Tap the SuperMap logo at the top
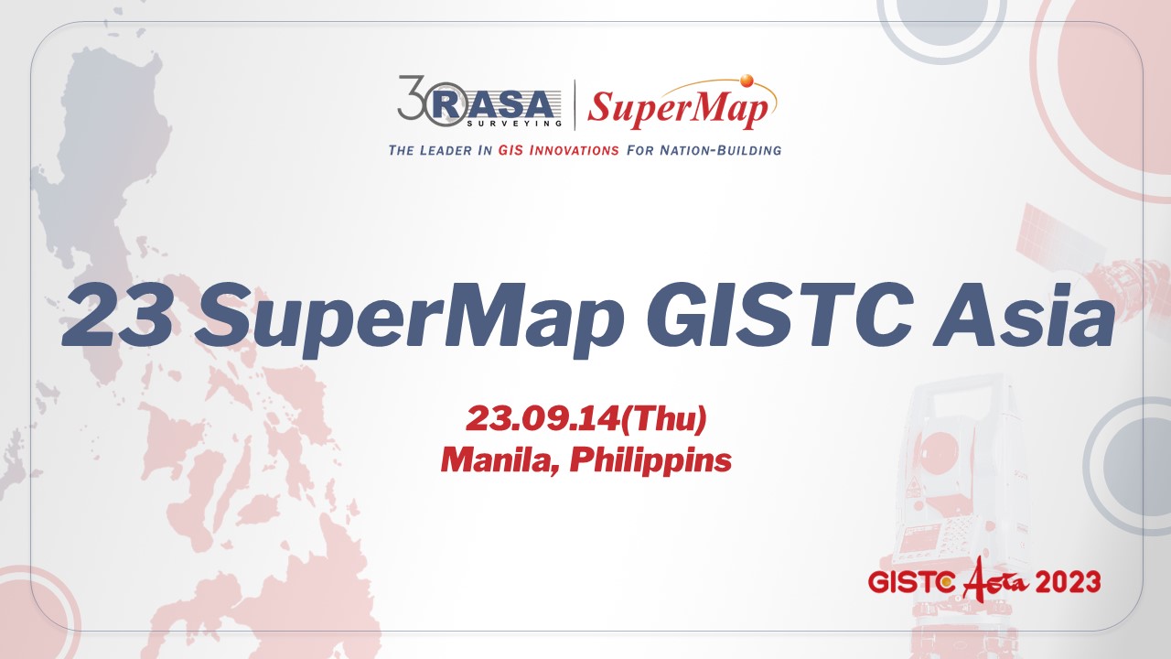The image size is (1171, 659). tap(678, 108)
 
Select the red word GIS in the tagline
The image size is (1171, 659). tap(511, 149)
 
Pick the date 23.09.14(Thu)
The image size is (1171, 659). tap(586, 419)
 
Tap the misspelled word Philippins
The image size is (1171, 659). tap(650, 460)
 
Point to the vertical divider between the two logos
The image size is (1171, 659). tap(575, 104)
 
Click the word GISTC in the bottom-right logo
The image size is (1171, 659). tap(911, 583)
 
